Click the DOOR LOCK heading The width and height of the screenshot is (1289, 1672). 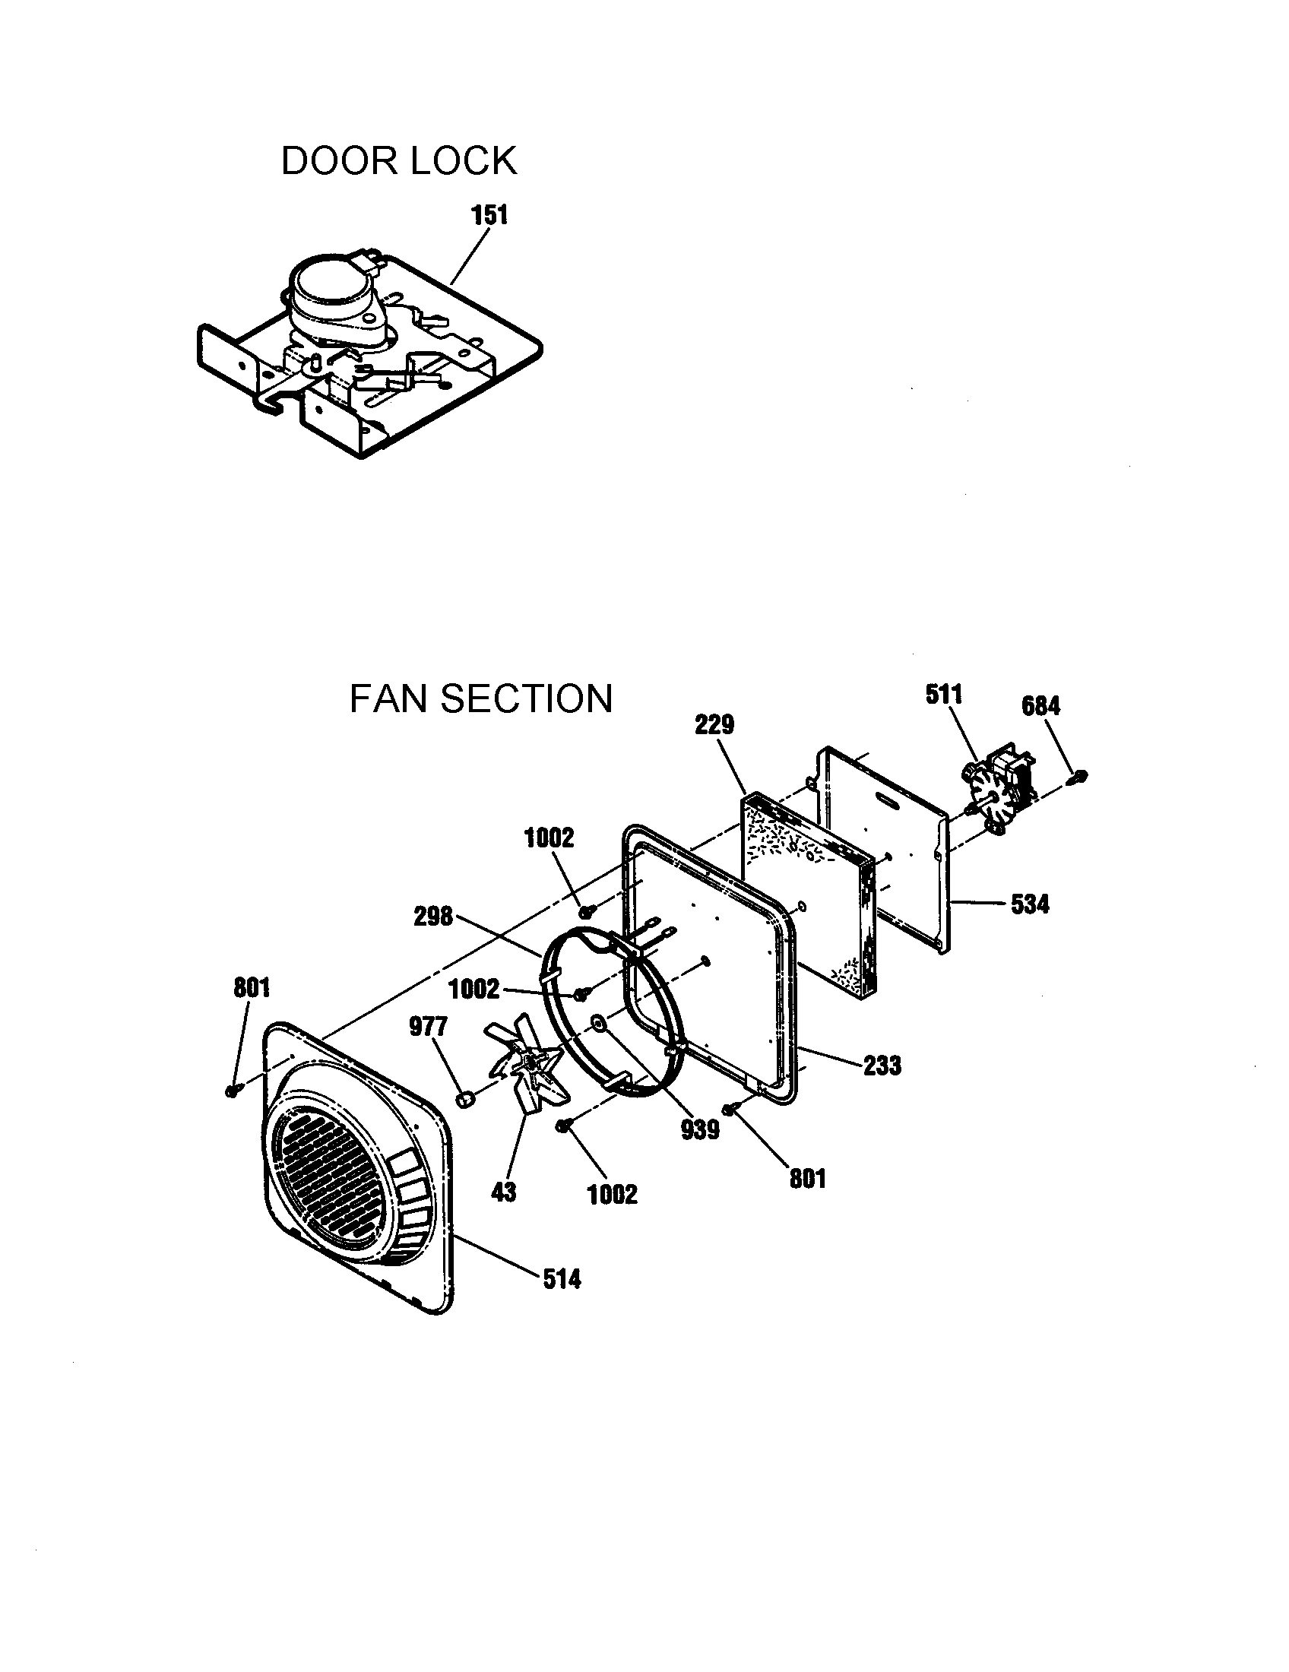pos(399,162)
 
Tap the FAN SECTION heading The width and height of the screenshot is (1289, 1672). pos(480,699)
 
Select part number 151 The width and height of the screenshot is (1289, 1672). pos(489,215)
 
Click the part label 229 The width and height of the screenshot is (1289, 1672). pos(714,724)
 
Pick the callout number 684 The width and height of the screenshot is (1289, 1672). pos(1041,706)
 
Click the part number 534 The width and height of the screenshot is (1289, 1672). pos(1030,904)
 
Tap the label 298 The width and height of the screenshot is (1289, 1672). pos(433,917)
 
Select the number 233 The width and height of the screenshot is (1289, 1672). pos(882,1066)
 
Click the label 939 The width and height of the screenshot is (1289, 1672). pos(701,1129)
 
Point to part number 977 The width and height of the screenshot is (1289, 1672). pos(428,1026)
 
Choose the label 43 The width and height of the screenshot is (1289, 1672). pos(504,1191)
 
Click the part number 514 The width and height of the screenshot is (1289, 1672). pos(562,1279)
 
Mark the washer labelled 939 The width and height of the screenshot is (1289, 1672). pos(598,1022)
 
